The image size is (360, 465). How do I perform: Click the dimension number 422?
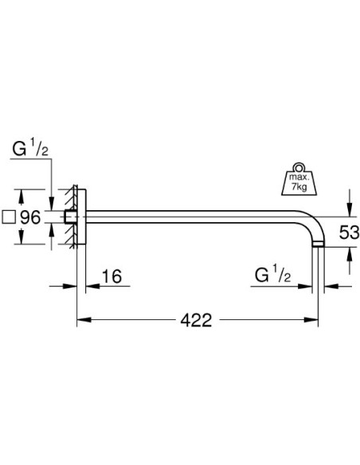click(197, 321)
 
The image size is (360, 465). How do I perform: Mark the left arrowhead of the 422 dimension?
click(81, 321)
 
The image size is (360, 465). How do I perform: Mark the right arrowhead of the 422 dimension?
click(315, 321)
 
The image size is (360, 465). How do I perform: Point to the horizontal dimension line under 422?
click(135, 321)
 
